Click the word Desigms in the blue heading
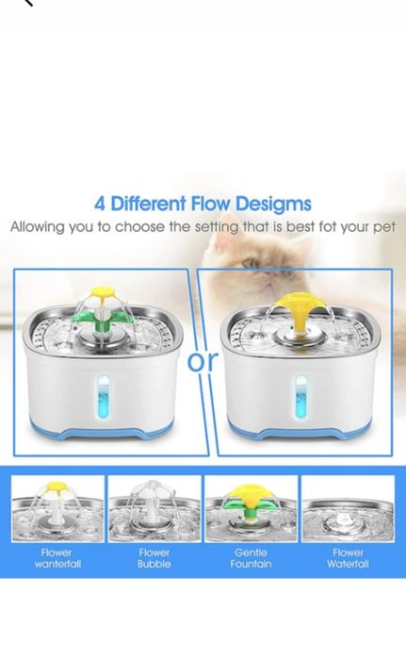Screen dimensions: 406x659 coord(273,204)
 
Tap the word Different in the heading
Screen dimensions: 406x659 coord(148,204)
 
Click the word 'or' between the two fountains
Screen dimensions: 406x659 coord(203,361)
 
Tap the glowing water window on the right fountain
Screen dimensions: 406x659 coord(301,397)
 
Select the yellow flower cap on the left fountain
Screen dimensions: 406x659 coord(102,291)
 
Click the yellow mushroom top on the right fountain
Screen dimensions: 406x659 coord(298,310)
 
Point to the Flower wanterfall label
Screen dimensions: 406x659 coord(57,558)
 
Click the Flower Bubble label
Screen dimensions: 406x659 coord(154,558)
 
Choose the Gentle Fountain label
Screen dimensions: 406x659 coord(251,558)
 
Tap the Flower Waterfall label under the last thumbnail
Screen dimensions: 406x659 coord(348,558)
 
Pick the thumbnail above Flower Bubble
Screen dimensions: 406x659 coord(154,509)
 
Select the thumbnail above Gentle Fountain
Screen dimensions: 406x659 coord(251,509)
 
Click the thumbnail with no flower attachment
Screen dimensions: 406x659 coord(348,509)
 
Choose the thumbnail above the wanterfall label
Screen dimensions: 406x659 coord(57,509)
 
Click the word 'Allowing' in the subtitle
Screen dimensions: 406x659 coord(38,227)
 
